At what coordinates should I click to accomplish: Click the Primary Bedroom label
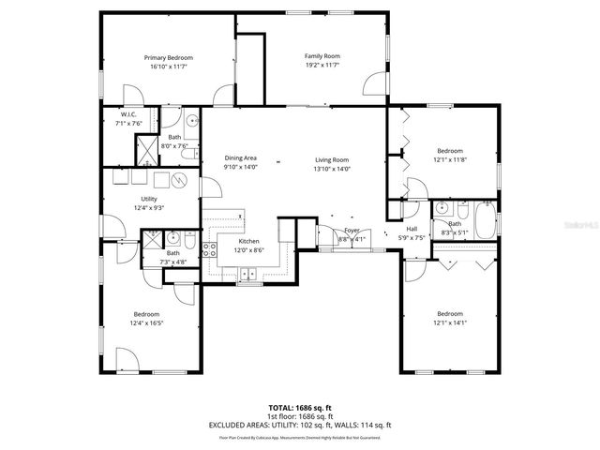[x=167, y=58]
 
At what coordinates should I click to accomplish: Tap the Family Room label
[x=322, y=56]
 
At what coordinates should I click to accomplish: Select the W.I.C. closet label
[x=129, y=114]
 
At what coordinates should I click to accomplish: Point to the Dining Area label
[x=240, y=158]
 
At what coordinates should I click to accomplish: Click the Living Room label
[x=331, y=159]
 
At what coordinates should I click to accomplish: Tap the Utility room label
[x=149, y=199]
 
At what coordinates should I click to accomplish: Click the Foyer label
[x=352, y=231]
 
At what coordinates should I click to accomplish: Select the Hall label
[x=412, y=229]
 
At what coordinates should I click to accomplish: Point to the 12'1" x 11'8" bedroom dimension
[x=449, y=159]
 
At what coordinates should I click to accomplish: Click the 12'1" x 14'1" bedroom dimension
[x=449, y=322]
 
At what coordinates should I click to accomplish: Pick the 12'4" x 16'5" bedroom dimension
[x=146, y=323]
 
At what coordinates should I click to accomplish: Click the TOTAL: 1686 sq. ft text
[x=300, y=408]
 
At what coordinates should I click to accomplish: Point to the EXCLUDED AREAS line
[x=300, y=425]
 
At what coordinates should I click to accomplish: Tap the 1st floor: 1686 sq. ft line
[x=300, y=416]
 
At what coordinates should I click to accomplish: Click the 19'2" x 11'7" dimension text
[x=322, y=65]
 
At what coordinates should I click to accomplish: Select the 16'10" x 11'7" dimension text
[x=167, y=67]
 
